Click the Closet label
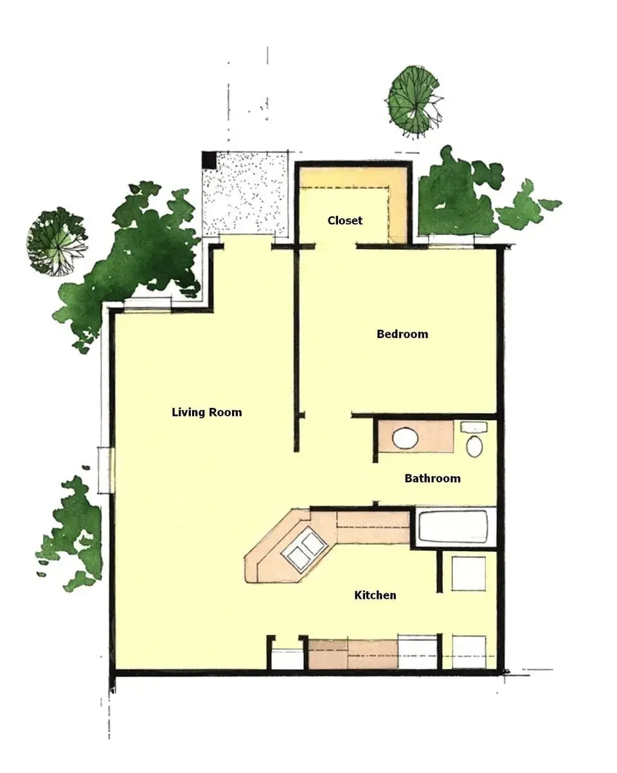(345, 220)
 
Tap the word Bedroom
(402, 334)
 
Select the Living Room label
(207, 413)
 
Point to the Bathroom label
(433, 479)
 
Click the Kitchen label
(375, 596)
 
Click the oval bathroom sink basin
(406, 439)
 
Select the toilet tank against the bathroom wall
(474, 427)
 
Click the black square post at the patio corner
(208, 159)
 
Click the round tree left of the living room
(57, 241)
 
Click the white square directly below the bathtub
(469, 573)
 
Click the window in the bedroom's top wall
(451, 242)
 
